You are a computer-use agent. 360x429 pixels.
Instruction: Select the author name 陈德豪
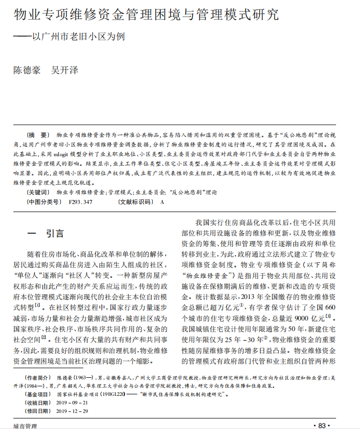(x=27, y=70)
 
